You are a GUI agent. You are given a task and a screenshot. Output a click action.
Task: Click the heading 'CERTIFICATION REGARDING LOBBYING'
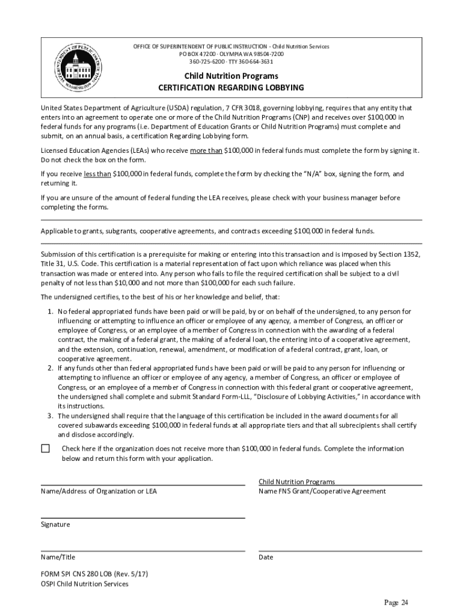tap(231, 88)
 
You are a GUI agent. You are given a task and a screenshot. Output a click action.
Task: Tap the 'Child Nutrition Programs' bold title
tap(231, 76)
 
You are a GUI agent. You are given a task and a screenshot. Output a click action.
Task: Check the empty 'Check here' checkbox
tap(46, 449)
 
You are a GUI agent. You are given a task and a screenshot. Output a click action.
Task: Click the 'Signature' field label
tap(55, 525)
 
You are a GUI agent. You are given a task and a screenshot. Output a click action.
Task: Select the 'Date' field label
tap(266, 557)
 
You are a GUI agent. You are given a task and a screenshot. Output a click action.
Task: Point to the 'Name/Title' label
tap(58, 557)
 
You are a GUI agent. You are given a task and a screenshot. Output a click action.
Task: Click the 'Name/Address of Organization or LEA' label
tap(99, 491)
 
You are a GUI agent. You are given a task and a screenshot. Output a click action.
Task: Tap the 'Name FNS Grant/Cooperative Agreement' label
tap(322, 491)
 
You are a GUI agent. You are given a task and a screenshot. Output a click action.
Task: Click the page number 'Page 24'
tap(396, 603)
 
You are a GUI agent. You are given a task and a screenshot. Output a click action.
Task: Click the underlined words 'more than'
tap(206, 150)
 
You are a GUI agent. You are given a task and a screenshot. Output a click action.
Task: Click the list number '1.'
tap(51, 312)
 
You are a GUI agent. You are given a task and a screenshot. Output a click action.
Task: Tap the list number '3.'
tap(51, 416)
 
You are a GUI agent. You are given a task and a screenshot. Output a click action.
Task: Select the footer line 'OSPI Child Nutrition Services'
tap(84, 584)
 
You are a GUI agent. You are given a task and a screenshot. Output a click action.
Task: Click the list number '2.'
tap(51, 368)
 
